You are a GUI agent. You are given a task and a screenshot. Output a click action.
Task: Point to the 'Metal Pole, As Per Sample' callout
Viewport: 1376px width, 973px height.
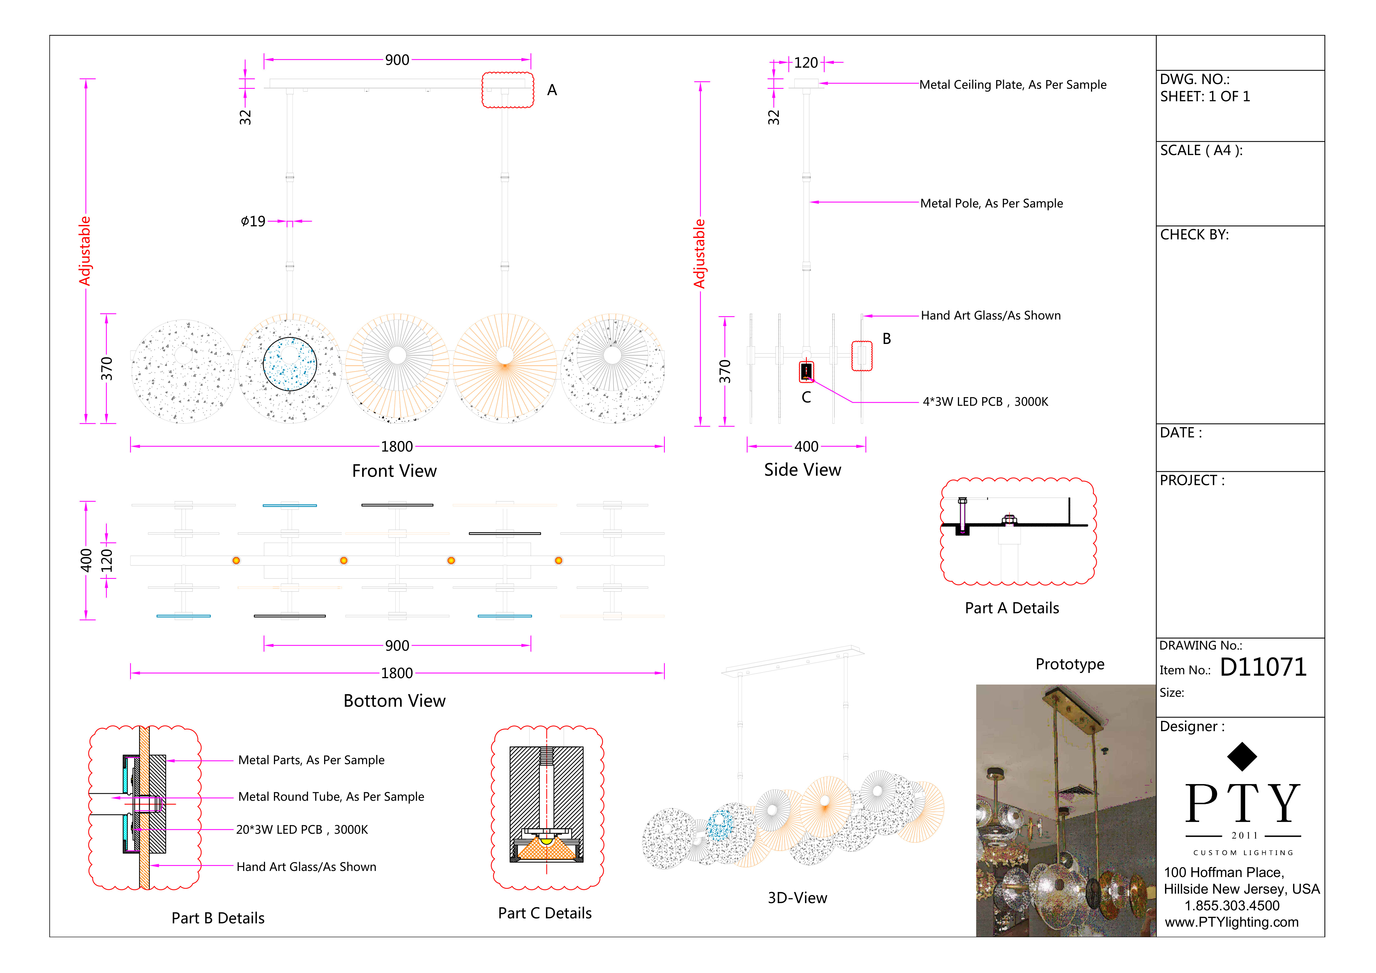tap(991, 203)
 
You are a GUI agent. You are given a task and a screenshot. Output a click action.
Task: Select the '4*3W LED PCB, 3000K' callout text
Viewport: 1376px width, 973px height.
tap(985, 402)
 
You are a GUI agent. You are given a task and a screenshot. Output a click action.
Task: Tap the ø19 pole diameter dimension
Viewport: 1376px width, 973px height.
tap(253, 221)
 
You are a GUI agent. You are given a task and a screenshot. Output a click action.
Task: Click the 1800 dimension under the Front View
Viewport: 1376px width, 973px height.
tap(397, 447)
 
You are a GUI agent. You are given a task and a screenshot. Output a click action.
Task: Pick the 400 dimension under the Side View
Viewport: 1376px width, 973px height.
tap(806, 447)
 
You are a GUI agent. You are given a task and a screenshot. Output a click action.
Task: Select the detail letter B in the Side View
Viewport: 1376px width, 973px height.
tap(886, 339)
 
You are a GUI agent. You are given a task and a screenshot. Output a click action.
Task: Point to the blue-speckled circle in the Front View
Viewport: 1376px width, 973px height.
tap(290, 364)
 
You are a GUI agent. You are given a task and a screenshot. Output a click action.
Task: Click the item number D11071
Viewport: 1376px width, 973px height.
tap(1263, 667)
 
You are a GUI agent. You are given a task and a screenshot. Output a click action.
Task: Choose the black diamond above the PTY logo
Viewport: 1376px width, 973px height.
tap(1242, 757)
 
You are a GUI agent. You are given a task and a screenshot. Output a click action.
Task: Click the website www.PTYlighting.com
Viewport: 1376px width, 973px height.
tap(1232, 922)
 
